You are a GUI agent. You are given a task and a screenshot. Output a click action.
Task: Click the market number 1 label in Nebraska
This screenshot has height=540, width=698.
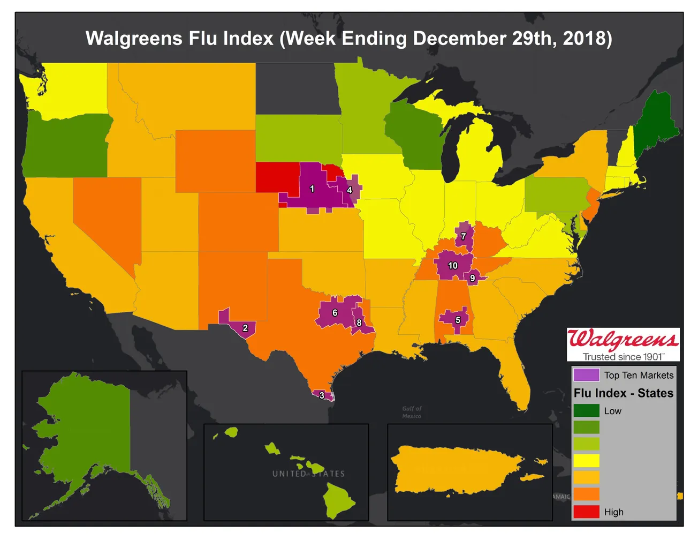point(312,189)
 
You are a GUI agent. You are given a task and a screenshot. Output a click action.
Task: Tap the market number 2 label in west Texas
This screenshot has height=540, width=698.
point(245,328)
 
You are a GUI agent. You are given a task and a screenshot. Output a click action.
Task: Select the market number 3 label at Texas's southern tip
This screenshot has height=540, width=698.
point(322,395)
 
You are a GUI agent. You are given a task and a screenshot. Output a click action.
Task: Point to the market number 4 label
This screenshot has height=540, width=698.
point(350,190)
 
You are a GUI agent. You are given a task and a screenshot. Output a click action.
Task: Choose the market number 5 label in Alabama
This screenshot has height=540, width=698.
point(458,320)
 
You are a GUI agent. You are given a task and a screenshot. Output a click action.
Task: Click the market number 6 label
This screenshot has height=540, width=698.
point(335,313)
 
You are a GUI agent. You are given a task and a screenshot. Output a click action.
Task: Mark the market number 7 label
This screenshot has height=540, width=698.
point(464,236)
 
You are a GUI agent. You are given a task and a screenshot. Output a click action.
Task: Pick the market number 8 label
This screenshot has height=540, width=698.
point(359,322)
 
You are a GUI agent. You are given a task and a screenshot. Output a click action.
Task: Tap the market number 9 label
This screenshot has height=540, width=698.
point(472,278)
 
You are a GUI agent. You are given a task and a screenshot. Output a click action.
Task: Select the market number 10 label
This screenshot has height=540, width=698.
point(453,266)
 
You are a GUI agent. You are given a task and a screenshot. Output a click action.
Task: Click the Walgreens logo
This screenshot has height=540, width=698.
point(623,340)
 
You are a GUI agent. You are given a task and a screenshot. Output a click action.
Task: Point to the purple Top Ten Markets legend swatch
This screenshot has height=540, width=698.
point(586,375)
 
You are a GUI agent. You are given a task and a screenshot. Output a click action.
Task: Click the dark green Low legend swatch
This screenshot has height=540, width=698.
point(586,411)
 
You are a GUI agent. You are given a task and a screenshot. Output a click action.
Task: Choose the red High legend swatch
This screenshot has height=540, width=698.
point(586,512)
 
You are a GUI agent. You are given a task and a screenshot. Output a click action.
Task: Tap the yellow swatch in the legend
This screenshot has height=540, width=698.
point(586,461)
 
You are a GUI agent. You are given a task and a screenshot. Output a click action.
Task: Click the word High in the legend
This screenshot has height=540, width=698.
point(613,512)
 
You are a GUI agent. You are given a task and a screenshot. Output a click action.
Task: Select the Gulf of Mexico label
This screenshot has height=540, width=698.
point(412,412)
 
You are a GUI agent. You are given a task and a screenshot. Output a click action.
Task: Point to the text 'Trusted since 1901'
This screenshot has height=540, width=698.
point(623,357)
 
